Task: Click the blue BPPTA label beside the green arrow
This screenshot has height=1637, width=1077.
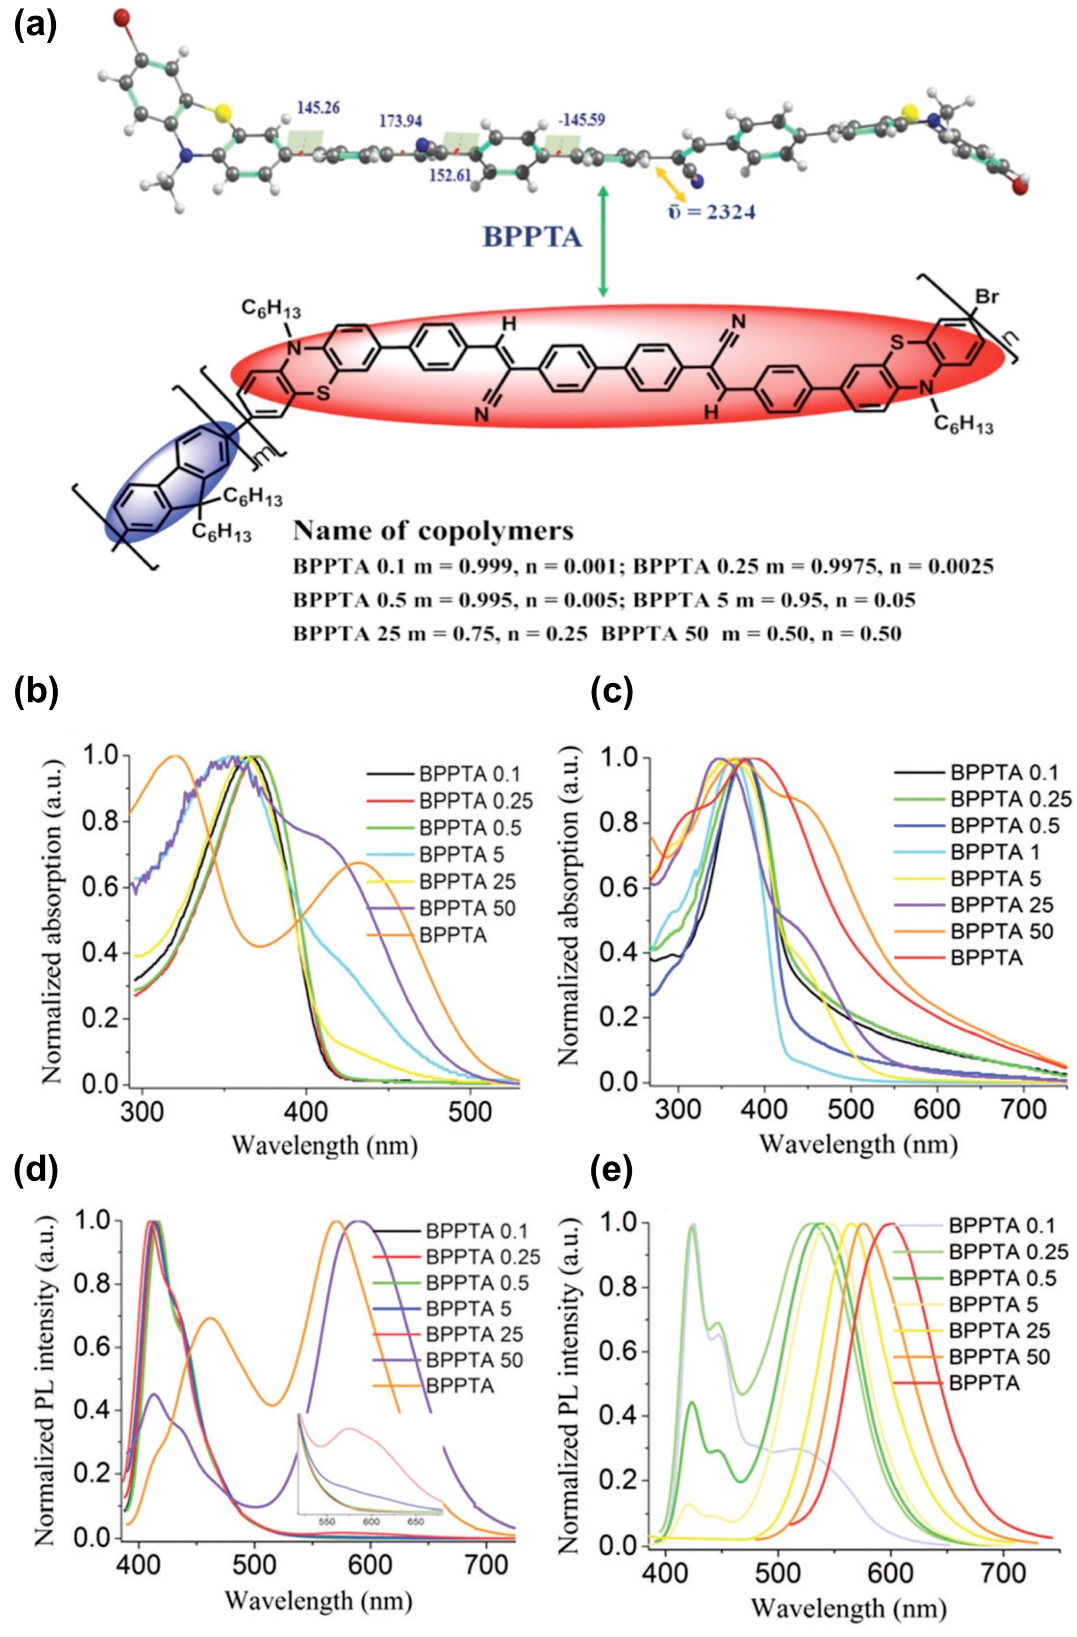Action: coord(533,237)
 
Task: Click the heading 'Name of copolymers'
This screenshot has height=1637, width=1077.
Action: coord(433,532)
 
